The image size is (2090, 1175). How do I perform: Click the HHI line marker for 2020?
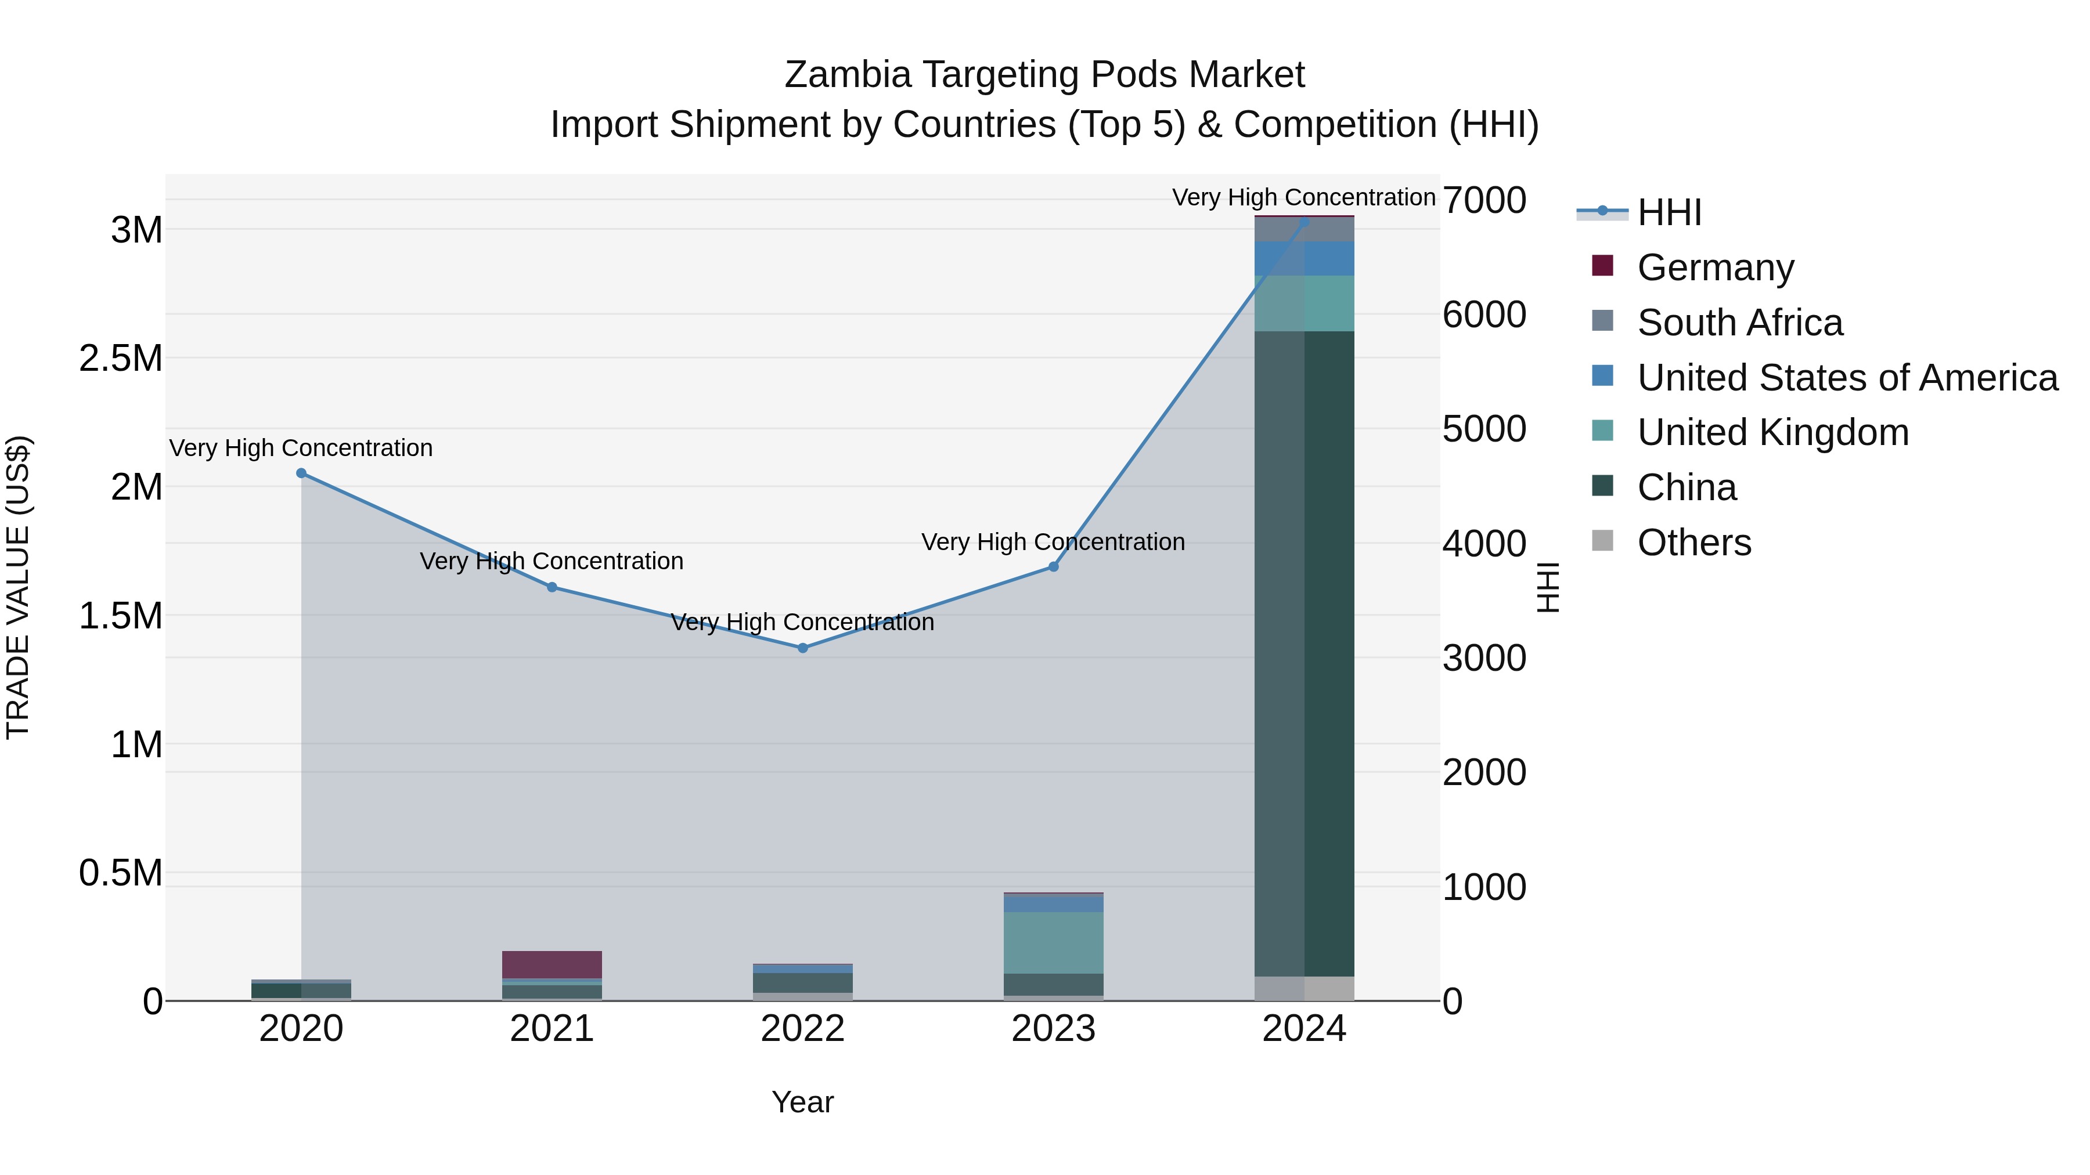point(301,473)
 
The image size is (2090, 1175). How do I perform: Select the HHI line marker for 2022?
point(802,648)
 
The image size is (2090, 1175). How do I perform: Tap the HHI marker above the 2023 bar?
point(1053,567)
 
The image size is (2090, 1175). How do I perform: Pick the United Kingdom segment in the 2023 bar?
point(1053,942)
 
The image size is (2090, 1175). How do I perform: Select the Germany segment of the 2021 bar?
point(552,965)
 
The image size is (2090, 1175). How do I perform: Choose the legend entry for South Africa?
point(1739,323)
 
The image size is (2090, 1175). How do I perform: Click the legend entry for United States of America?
point(1847,378)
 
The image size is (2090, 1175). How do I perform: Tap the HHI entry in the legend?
point(1669,212)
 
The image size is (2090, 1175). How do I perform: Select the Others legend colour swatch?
point(1602,541)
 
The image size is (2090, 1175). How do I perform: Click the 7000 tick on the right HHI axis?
point(1484,200)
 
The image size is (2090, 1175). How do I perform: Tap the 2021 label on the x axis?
point(552,1029)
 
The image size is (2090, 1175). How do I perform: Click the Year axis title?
point(802,1102)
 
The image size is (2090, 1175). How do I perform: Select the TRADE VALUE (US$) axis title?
point(18,587)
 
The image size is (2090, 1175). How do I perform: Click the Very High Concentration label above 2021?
point(552,561)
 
